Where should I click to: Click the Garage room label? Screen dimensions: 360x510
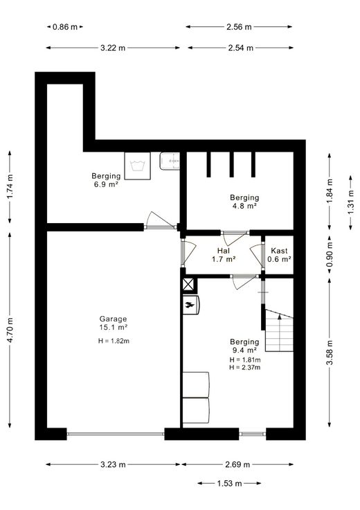pos(113,319)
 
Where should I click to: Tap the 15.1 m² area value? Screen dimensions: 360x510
pos(113,328)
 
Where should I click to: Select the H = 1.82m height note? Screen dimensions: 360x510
pos(114,341)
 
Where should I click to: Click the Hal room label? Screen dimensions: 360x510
pos(224,251)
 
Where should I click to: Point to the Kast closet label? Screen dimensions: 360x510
pos(279,251)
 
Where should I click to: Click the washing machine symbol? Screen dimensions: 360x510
pos(138,166)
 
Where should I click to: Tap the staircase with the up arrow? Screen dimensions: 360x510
pos(280,330)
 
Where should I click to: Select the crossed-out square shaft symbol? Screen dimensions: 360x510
pos(188,285)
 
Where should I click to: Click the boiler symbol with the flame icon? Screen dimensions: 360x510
pos(190,305)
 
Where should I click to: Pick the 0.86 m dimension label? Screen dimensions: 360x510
pos(65,27)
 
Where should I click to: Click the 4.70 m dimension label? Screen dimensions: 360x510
pos(10,330)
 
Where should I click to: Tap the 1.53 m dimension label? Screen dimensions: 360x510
pos(229,484)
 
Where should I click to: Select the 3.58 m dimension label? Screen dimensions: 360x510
pos(330,352)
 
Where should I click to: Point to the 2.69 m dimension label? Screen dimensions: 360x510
pos(237,464)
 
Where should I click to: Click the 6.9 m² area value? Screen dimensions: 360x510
pos(106,184)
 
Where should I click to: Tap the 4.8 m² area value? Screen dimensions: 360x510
pos(244,206)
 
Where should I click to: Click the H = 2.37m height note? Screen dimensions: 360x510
pos(245,367)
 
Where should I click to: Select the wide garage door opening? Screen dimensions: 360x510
pos(116,434)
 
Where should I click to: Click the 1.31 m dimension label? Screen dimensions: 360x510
pos(351,202)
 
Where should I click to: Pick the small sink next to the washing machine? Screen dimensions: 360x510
pos(170,161)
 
